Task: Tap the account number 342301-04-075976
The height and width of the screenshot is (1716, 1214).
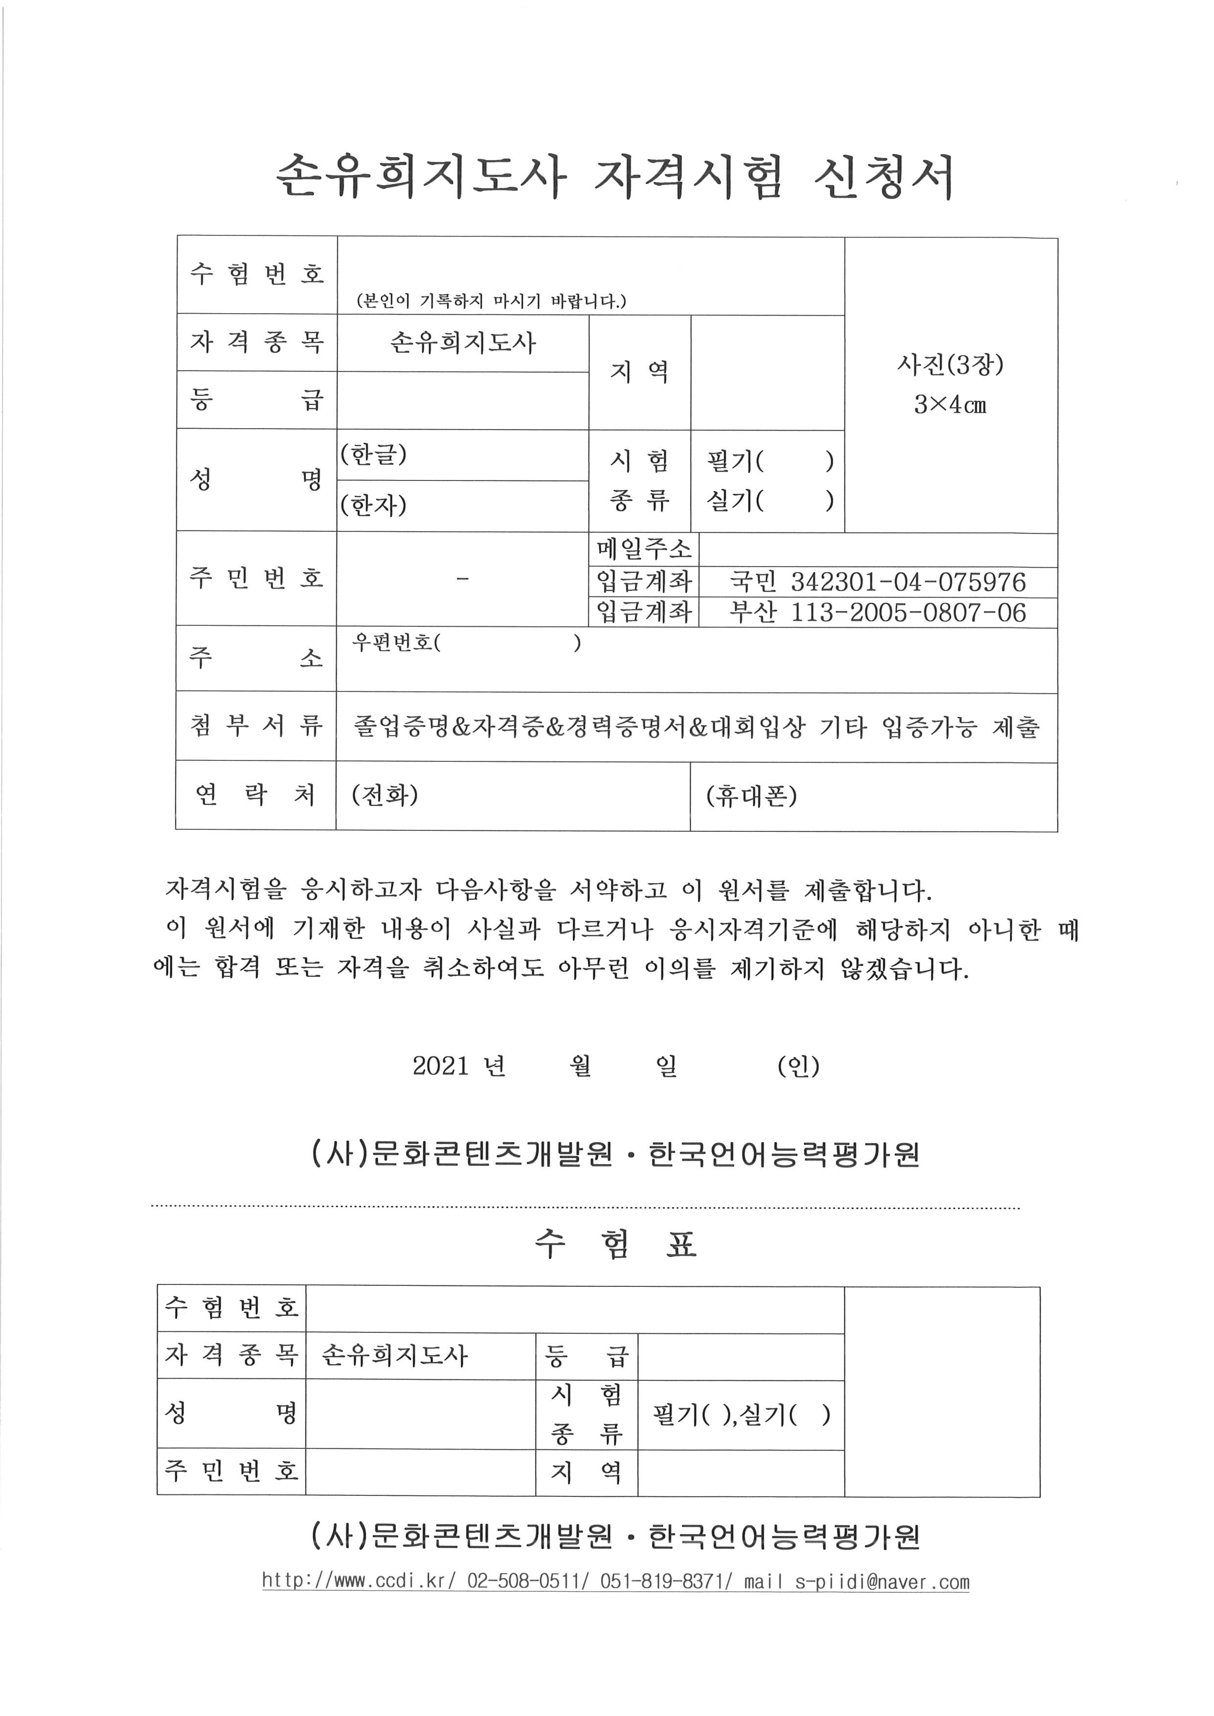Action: (x=908, y=582)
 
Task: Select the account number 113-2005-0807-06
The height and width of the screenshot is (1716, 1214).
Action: (x=908, y=613)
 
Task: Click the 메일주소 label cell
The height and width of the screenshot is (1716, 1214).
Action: (x=644, y=550)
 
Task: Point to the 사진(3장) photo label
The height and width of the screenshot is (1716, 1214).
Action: (x=950, y=365)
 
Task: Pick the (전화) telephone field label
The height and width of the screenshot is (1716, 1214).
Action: (x=384, y=795)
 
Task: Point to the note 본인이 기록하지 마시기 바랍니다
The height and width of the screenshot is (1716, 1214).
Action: (x=492, y=301)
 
